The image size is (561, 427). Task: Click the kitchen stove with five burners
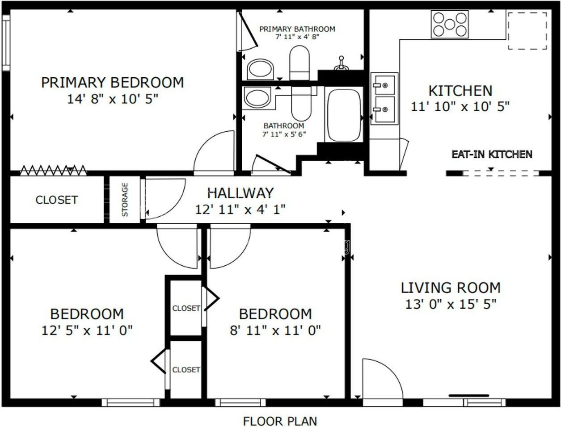click(450, 24)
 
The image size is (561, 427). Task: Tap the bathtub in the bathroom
click(345, 115)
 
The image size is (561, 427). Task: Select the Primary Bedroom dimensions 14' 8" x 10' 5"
click(113, 99)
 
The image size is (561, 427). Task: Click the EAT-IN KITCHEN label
click(492, 155)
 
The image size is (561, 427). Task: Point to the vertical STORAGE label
click(125, 200)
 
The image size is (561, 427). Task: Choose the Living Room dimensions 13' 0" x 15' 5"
click(451, 304)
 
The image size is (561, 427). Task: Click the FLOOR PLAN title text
click(280, 421)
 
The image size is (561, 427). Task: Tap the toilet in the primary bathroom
click(299, 63)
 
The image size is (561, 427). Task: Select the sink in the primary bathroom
click(260, 70)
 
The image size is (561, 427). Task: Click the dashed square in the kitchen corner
click(527, 31)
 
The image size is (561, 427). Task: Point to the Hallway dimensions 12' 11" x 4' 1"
click(240, 210)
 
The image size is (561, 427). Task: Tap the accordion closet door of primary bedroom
click(53, 170)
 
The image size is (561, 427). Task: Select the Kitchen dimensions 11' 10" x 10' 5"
click(460, 106)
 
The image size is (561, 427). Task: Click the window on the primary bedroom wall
click(6, 42)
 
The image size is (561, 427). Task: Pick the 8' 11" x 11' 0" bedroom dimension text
click(275, 331)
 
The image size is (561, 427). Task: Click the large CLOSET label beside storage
click(56, 200)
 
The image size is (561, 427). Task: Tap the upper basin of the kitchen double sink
click(384, 85)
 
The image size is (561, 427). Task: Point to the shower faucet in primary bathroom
click(341, 63)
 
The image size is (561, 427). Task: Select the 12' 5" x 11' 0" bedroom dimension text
click(87, 331)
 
